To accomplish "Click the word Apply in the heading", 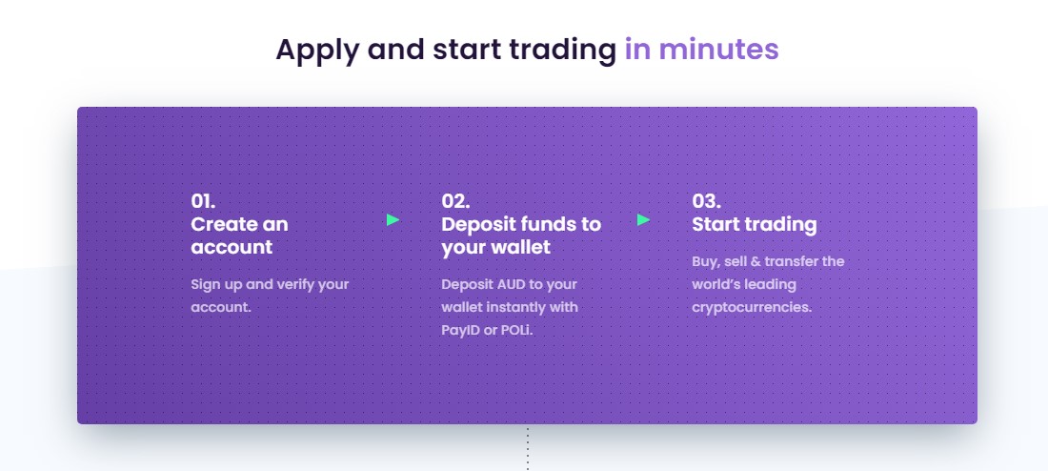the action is pyautogui.click(x=317, y=51).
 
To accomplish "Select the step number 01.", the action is pyautogui.click(x=203, y=201).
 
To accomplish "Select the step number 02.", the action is pyautogui.click(x=455, y=201).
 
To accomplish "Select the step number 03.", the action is pyautogui.click(x=707, y=201).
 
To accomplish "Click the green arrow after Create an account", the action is pyautogui.click(x=393, y=219).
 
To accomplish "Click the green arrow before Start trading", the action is pyautogui.click(x=644, y=219).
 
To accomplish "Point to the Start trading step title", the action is pyautogui.click(x=755, y=225).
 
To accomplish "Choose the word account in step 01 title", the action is pyautogui.click(x=232, y=248).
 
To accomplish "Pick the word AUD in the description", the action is pyautogui.click(x=512, y=284).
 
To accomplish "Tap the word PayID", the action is pyautogui.click(x=460, y=331).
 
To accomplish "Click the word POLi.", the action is pyautogui.click(x=517, y=330).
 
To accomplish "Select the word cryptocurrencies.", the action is pyautogui.click(x=752, y=308).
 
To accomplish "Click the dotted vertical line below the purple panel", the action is pyautogui.click(x=528, y=448).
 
